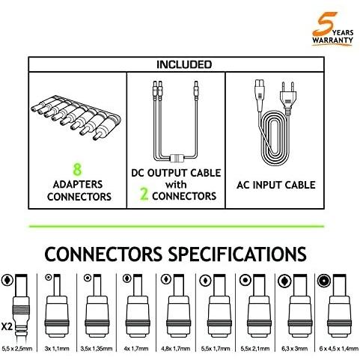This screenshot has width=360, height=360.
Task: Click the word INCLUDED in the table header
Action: (x=184, y=64)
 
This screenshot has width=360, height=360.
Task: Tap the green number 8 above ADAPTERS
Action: (x=77, y=169)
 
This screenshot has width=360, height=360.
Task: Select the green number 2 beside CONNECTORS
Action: (x=144, y=194)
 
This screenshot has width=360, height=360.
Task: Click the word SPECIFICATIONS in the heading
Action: (x=237, y=254)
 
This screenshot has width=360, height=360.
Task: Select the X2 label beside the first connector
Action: (x=7, y=326)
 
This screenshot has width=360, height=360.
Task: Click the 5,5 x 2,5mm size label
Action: (x=17, y=349)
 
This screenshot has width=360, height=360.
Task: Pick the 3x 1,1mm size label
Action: (x=57, y=349)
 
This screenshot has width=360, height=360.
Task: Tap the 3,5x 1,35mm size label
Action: (x=97, y=349)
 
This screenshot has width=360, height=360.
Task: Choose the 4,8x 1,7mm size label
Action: (x=175, y=349)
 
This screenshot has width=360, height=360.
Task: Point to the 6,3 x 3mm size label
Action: (x=294, y=349)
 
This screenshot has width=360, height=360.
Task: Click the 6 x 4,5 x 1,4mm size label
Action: (x=339, y=349)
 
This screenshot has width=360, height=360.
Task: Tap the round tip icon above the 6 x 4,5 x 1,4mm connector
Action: (x=324, y=281)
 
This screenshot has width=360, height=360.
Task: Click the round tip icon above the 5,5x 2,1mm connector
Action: (x=245, y=281)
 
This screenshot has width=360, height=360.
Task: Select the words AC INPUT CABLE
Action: (x=276, y=185)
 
